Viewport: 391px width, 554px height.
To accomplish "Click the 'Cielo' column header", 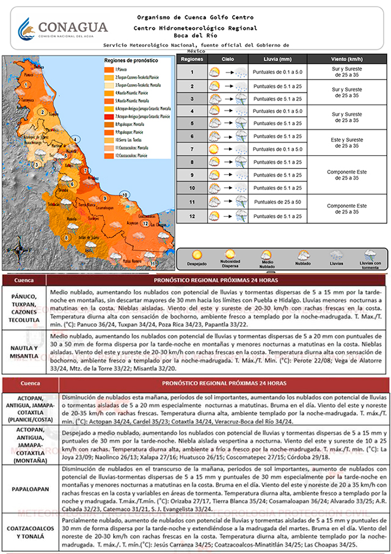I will click(227, 60).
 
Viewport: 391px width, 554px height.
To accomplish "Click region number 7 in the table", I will click(192, 149).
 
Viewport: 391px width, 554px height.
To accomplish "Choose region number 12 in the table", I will click(192, 216).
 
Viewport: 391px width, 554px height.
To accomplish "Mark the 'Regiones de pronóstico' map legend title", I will click(131, 61).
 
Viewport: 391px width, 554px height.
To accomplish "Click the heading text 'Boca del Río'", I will click(195, 36).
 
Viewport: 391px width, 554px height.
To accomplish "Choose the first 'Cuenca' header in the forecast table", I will click(25, 280).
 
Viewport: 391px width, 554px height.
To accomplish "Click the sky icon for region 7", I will click(214, 149).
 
